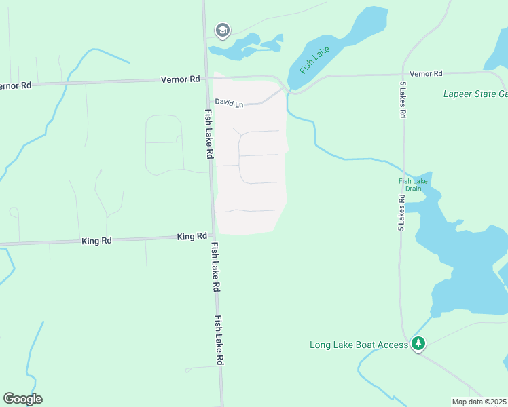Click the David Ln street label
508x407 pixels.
(x=229, y=103)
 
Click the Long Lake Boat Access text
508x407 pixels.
(x=359, y=345)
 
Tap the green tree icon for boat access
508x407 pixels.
(x=419, y=344)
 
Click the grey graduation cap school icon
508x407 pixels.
(x=222, y=30)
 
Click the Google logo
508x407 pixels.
(x=22, y=399)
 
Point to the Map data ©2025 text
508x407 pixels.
(x=479, y=402)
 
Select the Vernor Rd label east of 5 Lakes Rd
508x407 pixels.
(x=426, y=73)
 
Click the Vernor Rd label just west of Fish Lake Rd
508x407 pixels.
(x=180, y=79)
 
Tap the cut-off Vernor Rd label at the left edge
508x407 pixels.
(x=15, y=86)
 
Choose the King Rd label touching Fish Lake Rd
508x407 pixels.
(x=192, y=237)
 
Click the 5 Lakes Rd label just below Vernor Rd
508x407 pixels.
(x=403, y=101)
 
